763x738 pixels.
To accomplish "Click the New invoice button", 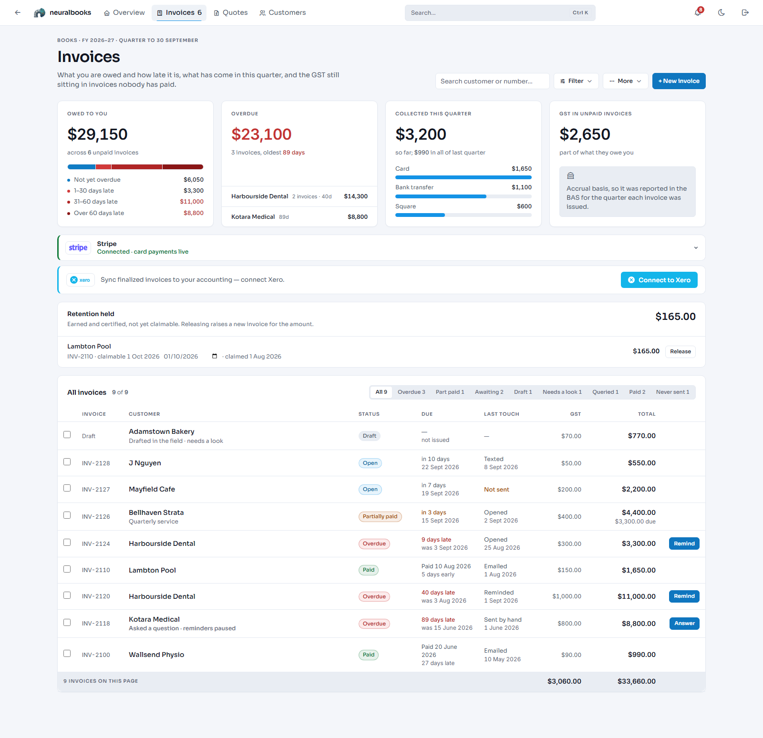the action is (679, 81).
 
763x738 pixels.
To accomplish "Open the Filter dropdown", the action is (576, 81).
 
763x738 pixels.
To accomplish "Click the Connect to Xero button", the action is (659, 280).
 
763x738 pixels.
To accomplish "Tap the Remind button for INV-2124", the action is (684, 543).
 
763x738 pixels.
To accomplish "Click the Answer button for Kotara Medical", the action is (684, 624).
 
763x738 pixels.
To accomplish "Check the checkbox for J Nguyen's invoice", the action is (67, 462).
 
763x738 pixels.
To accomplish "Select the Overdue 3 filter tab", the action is (411, 392).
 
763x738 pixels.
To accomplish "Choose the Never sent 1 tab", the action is (672, 392).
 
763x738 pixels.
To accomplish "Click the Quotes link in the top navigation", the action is (231, 13).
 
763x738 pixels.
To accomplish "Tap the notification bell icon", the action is (698, 13).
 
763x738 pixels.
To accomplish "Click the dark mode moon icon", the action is (722, 13).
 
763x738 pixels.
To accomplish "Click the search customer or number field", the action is (492, 81).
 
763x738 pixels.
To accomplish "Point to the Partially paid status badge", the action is (380, 517).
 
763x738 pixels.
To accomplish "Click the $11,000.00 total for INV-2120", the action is (637, 596).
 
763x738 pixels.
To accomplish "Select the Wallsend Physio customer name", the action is (156, 655).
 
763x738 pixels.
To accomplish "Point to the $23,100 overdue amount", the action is (261, 134).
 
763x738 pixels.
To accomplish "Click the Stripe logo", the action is (78, 247).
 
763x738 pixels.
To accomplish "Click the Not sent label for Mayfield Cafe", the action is (496, 490).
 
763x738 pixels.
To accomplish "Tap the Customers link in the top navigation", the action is (283, 13).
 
